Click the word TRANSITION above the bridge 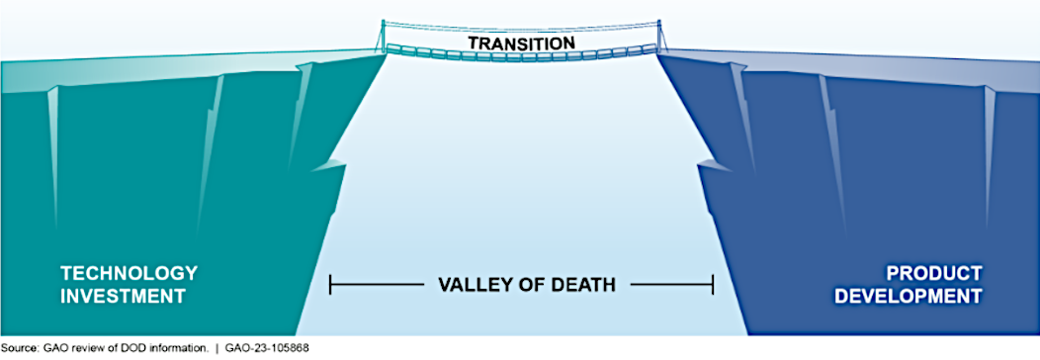pos(521,44)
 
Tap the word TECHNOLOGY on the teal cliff pos(130,273)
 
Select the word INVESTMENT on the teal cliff pos(123,297)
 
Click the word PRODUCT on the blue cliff pos(934,273)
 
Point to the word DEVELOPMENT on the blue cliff pos(908,297)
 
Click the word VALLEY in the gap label pos(472,285)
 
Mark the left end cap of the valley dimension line pos(330,285)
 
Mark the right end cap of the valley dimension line pos(713,285)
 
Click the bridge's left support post pos(383,36)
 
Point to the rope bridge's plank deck pos(521,54)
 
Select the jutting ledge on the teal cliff pos(329,167)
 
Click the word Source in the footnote pos(17,347)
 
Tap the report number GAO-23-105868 pos(265,347)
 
